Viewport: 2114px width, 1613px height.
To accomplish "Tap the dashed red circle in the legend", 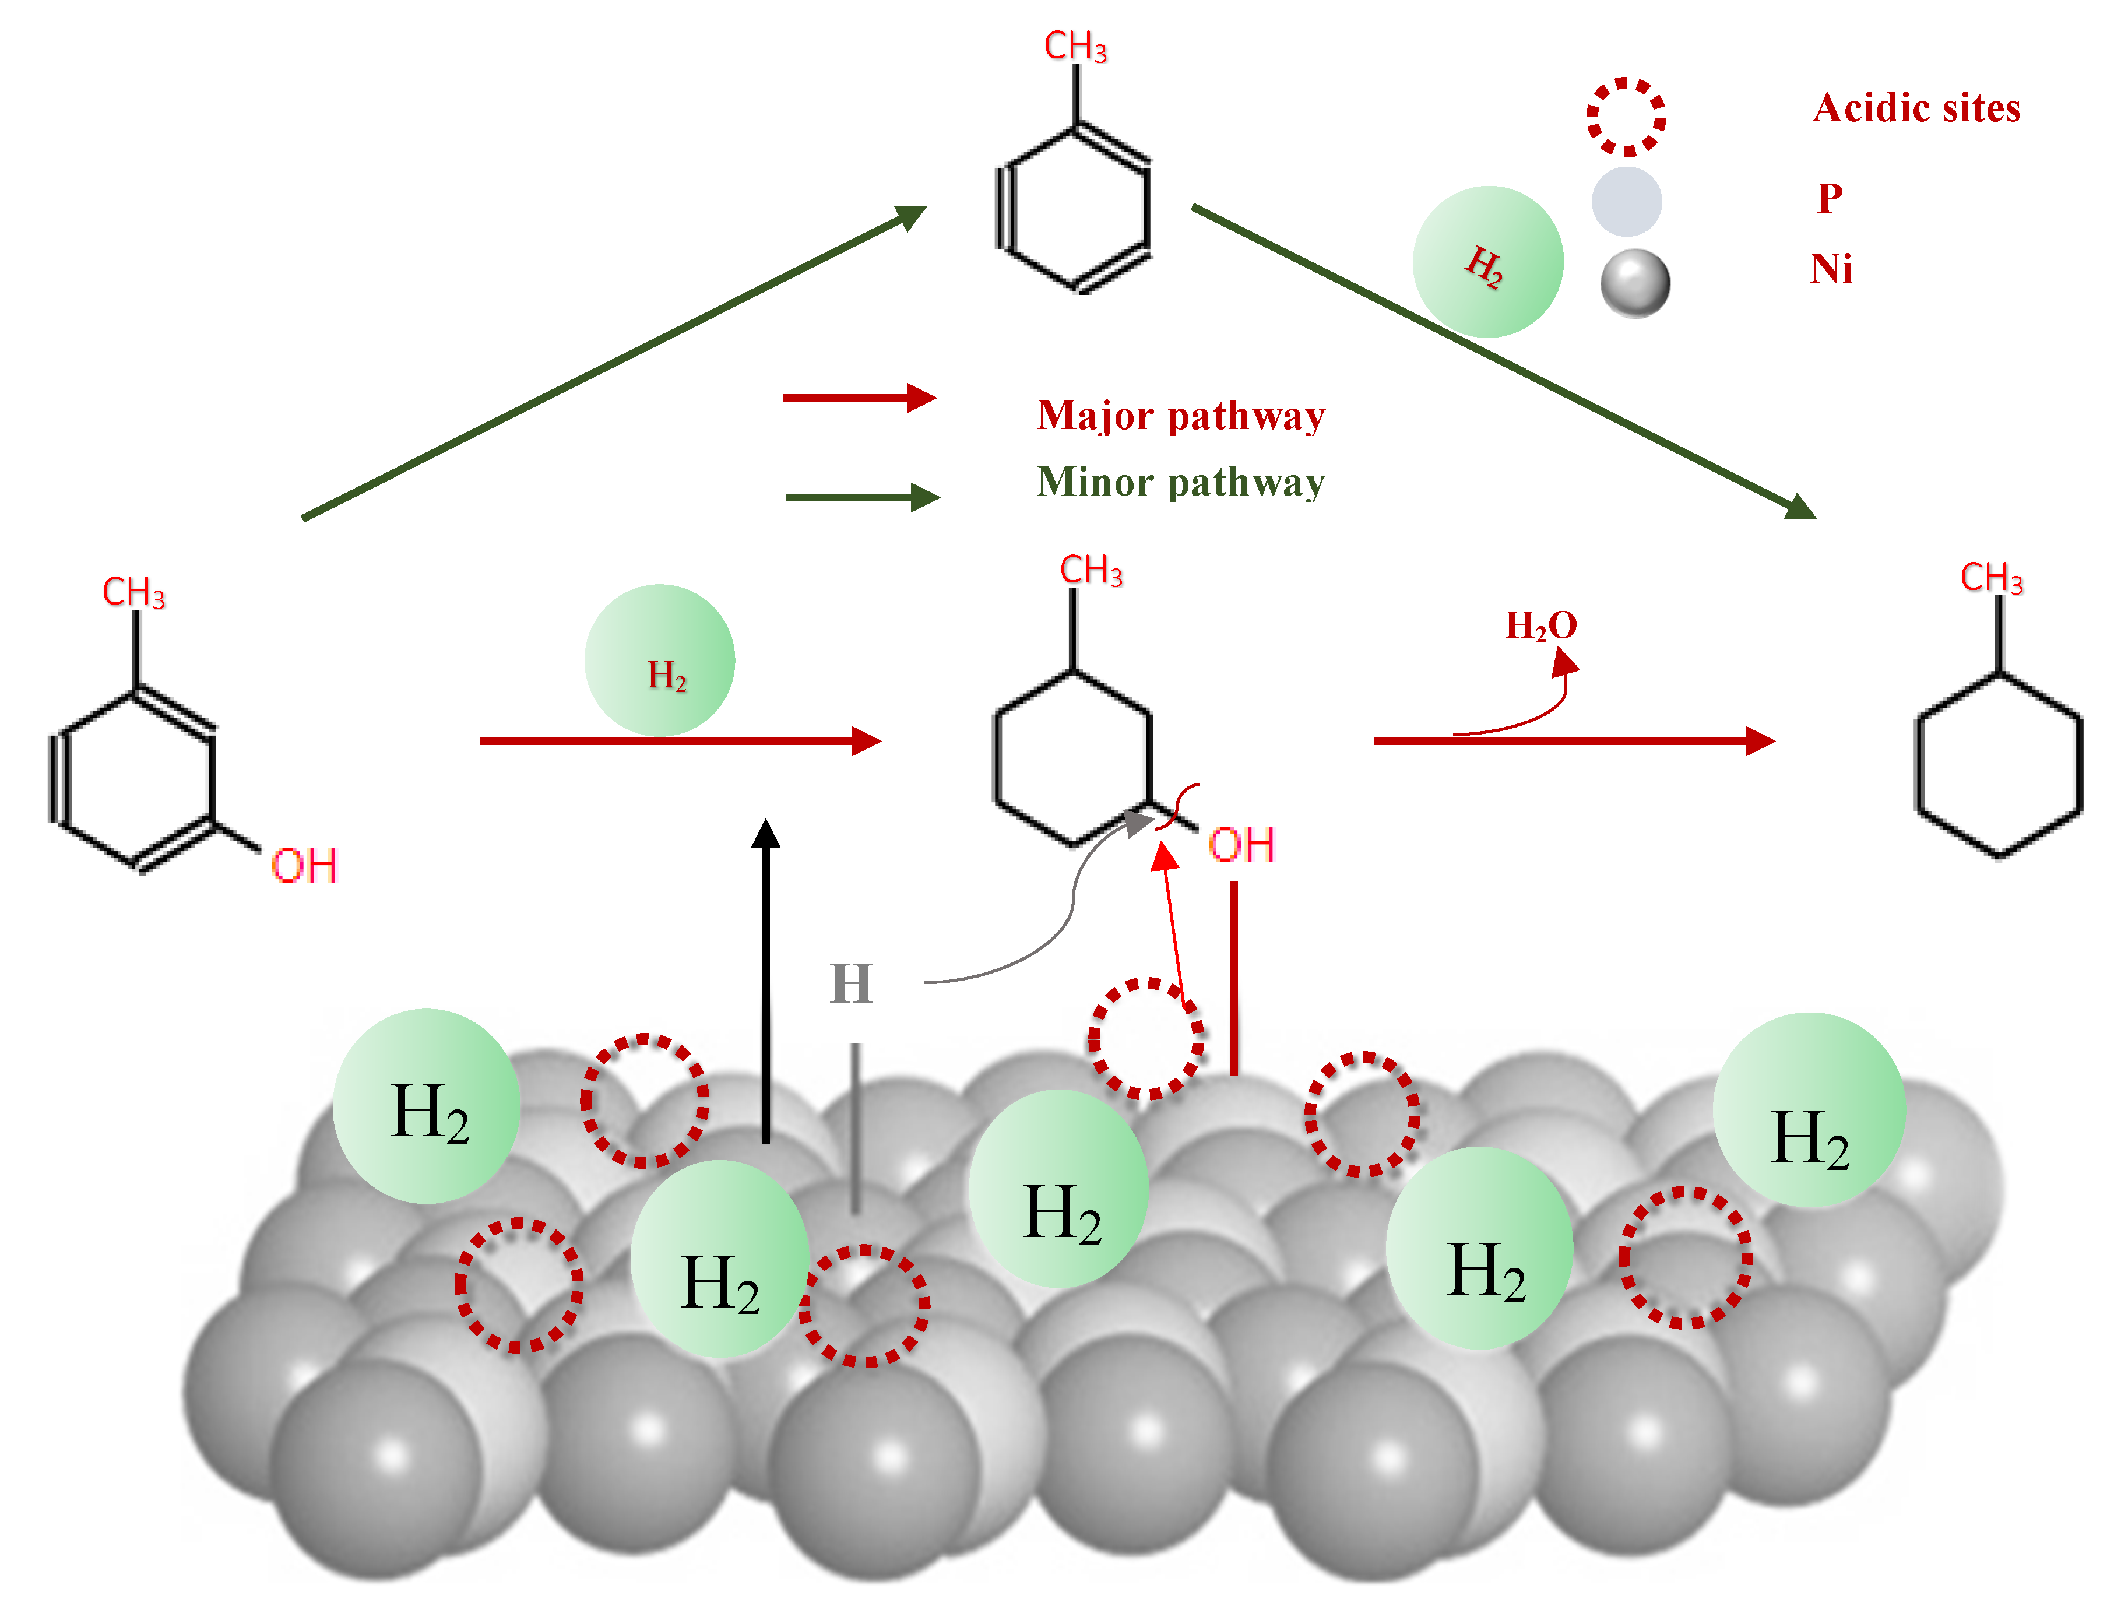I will click(1626, 116).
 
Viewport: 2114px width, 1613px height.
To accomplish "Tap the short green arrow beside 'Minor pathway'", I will click(862, 497).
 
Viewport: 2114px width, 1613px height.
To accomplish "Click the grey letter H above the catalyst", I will click(850, 983).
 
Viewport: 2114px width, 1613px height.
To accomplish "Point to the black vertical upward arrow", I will click(765, 979).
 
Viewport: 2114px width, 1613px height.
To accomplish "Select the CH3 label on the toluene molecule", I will click(1075, 46).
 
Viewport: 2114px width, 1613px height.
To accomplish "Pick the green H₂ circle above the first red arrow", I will click(660, 660).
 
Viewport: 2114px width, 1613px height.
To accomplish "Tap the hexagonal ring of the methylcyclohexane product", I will click(1999, 763).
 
